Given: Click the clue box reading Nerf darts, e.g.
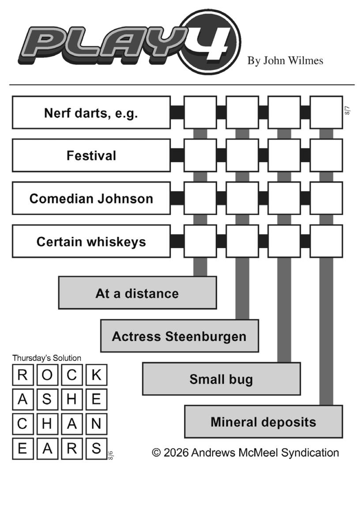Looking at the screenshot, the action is [x=91, y=113].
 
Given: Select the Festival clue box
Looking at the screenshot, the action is [x=91, y=155].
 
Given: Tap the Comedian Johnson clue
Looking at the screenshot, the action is [x=91, y=198].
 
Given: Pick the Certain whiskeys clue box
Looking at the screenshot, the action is [x=91, y=242].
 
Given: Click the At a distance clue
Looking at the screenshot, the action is [x=137, y=293].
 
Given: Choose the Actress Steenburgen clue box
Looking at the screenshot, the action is [x=179, y=336].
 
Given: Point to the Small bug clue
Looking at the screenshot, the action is [x=221, y=379].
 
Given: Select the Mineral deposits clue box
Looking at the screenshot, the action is [x=263, y=421].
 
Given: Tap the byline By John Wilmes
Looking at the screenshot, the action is [x=285, y=61].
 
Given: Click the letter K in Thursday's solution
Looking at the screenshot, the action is [x=97, y=375].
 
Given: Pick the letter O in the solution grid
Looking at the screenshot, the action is [x=47, y=375].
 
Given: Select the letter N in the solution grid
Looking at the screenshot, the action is [x=97, y=424].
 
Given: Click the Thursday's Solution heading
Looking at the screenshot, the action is [x=47, y=358].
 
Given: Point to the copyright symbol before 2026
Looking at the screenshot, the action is [x=156, y=453].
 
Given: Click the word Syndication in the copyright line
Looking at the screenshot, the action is [x=310, y=453].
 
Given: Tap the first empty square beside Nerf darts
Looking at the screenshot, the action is [x=200, y=113].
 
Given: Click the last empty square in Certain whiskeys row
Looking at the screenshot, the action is [x=326, y=242].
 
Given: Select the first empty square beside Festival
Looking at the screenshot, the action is [x=200, y=155].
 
